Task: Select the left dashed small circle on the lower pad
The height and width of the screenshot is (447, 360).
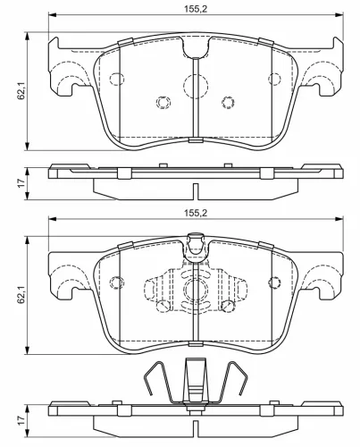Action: (x=114, y=283)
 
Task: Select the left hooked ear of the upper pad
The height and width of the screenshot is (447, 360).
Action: (x=68, y=84)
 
